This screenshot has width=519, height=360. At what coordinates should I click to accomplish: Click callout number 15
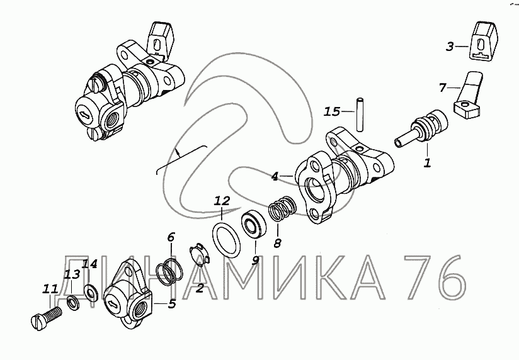point(331,111)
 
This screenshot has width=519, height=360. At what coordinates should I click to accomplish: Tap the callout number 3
point(449,47)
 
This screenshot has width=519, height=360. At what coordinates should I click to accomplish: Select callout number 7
point(443,87)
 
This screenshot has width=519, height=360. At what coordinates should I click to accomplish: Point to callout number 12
point(222,201)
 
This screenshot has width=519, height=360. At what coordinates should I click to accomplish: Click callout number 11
point(50,288)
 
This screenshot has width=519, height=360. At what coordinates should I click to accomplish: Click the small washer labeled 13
point(72,303)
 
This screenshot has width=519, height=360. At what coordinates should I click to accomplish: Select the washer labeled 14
point(90,293)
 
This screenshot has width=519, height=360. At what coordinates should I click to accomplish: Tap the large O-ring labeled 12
point(226,240)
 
